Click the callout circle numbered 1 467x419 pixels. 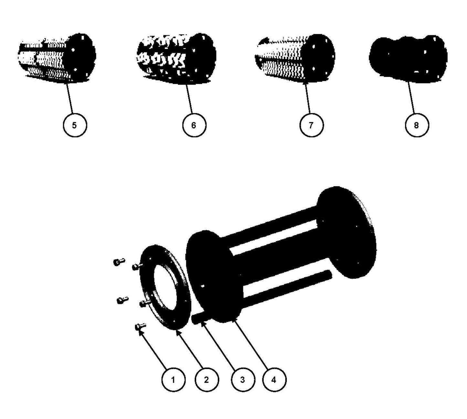click(x=173, y=380)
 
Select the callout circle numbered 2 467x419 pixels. click(x=207, y=380)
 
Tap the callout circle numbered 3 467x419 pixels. click(x=243, y=380)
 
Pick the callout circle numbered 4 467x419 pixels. click(x=274, y=380)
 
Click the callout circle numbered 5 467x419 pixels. click(x=75, y=125)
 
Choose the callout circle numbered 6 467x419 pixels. click(x=194, y=125)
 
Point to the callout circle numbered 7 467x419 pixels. click(x=311, y=125)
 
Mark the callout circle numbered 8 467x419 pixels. click(x=417, y=125)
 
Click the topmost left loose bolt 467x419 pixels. click(x=119, y=262)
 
